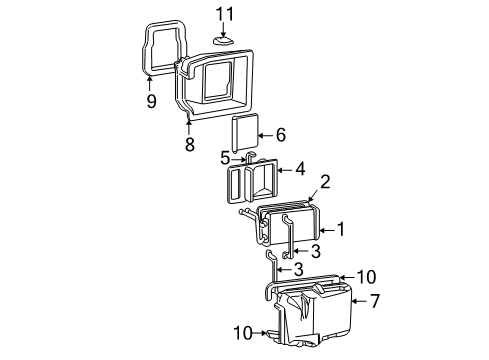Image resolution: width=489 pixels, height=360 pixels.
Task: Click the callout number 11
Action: [226, 13]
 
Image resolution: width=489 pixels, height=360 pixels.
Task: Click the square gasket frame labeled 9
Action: [160, 50]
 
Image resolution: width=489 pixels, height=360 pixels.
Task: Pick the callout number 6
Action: [280, 134]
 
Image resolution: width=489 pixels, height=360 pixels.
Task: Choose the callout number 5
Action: [226, 158]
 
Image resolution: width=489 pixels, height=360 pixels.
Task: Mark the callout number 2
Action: [296, 181]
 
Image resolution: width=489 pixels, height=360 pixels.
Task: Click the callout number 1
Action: [340, 229]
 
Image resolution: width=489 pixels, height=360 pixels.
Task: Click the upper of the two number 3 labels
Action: [314, 252]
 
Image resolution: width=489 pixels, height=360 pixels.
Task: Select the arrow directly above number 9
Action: [152, 82]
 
